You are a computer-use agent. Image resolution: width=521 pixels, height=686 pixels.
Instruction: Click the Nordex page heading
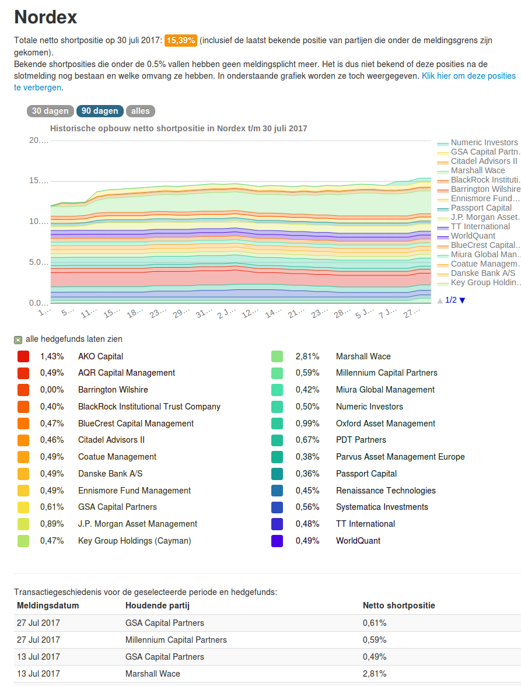pyautogui.click(x=46, y=17)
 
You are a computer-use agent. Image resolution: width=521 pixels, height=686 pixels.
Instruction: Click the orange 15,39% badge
pyautogui.click(x=180, y=40)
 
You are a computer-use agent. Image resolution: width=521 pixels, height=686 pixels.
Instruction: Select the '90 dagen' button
pyautogui.click(x=100, y=111)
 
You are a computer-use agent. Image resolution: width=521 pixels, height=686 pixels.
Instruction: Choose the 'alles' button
pyautogui.click(x=140, y=111)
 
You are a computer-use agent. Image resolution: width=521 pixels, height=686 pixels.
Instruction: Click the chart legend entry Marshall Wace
pyautogui.click(x=478, y=170)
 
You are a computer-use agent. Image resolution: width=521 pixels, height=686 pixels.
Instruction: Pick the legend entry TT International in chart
pyautogui.click(x=480, y=226)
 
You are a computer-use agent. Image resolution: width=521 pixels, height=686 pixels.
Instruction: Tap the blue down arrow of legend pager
pyautogui.click(x=463, y=300)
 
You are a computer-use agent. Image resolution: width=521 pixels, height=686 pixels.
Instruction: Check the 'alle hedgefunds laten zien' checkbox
pyautogui.click(x=18, y=339)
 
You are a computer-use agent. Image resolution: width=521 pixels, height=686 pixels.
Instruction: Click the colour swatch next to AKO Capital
pyautogui.click(x=23, y=356)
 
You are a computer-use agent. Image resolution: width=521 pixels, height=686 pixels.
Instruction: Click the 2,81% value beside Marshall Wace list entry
pyautogui.click(x=307, y=356)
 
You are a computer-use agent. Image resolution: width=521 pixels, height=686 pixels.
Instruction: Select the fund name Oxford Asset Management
pyautogui.click(x=386, y=423)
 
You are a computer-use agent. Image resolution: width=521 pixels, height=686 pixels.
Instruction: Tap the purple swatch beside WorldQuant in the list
pyautogui.click(x=277, y=541)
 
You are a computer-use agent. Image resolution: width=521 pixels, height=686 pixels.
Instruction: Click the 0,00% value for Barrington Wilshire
pyautogui.click(x=52, y=390)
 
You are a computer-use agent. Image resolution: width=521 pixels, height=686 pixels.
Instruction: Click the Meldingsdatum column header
pyautogui.click(x=48, y=605)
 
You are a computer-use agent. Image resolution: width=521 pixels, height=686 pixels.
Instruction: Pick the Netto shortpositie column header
pyautogui.click(x=398, y=605)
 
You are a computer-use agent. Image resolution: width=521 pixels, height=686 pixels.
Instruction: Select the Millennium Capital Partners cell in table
pyautogui.click(x=176, y=640)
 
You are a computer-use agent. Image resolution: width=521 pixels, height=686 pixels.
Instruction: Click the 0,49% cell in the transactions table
pyautogui.click(x=375, y=657)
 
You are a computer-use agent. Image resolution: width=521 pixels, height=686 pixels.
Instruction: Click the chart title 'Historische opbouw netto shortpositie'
pyautogui.click(x=179, y=128)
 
